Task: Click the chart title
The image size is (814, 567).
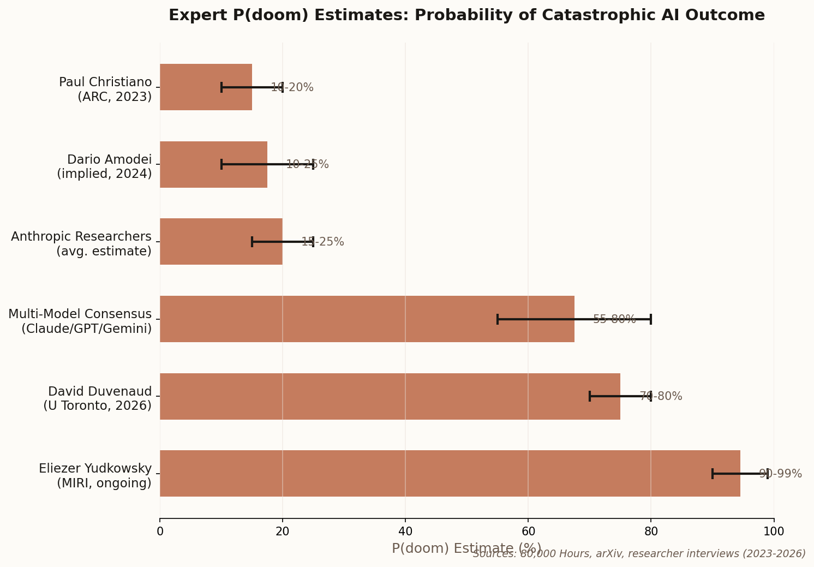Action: tap(466, 15)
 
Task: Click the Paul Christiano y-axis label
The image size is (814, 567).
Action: tap(106, 89)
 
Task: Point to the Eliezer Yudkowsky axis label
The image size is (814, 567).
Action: tap(95, 476)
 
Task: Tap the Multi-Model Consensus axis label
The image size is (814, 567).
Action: tap(80, 321)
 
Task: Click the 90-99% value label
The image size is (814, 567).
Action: tap(780, 474)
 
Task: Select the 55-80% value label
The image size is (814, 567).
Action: tap(614, 319)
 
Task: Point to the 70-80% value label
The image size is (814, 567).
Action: tap(661, 396)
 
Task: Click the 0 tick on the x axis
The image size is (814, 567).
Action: tap(160, 532)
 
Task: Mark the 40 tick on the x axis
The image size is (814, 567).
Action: tap(405, 532)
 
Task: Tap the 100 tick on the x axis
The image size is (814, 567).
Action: tap(774, 532)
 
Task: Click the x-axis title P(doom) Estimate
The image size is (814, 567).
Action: tap(466, 548)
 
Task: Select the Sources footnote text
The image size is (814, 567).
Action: tap(639, 554)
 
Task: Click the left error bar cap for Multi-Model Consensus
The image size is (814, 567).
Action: tap(498, 319)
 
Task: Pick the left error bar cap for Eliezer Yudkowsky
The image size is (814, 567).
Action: tap(713, 474)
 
